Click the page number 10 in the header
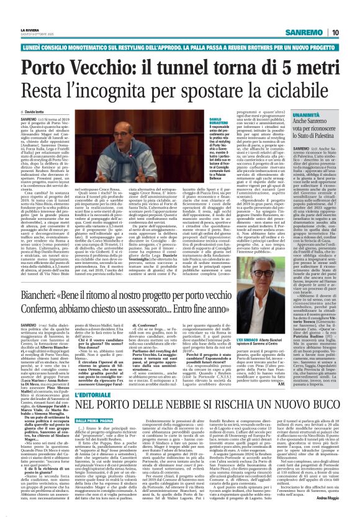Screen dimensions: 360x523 [352, 14]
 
